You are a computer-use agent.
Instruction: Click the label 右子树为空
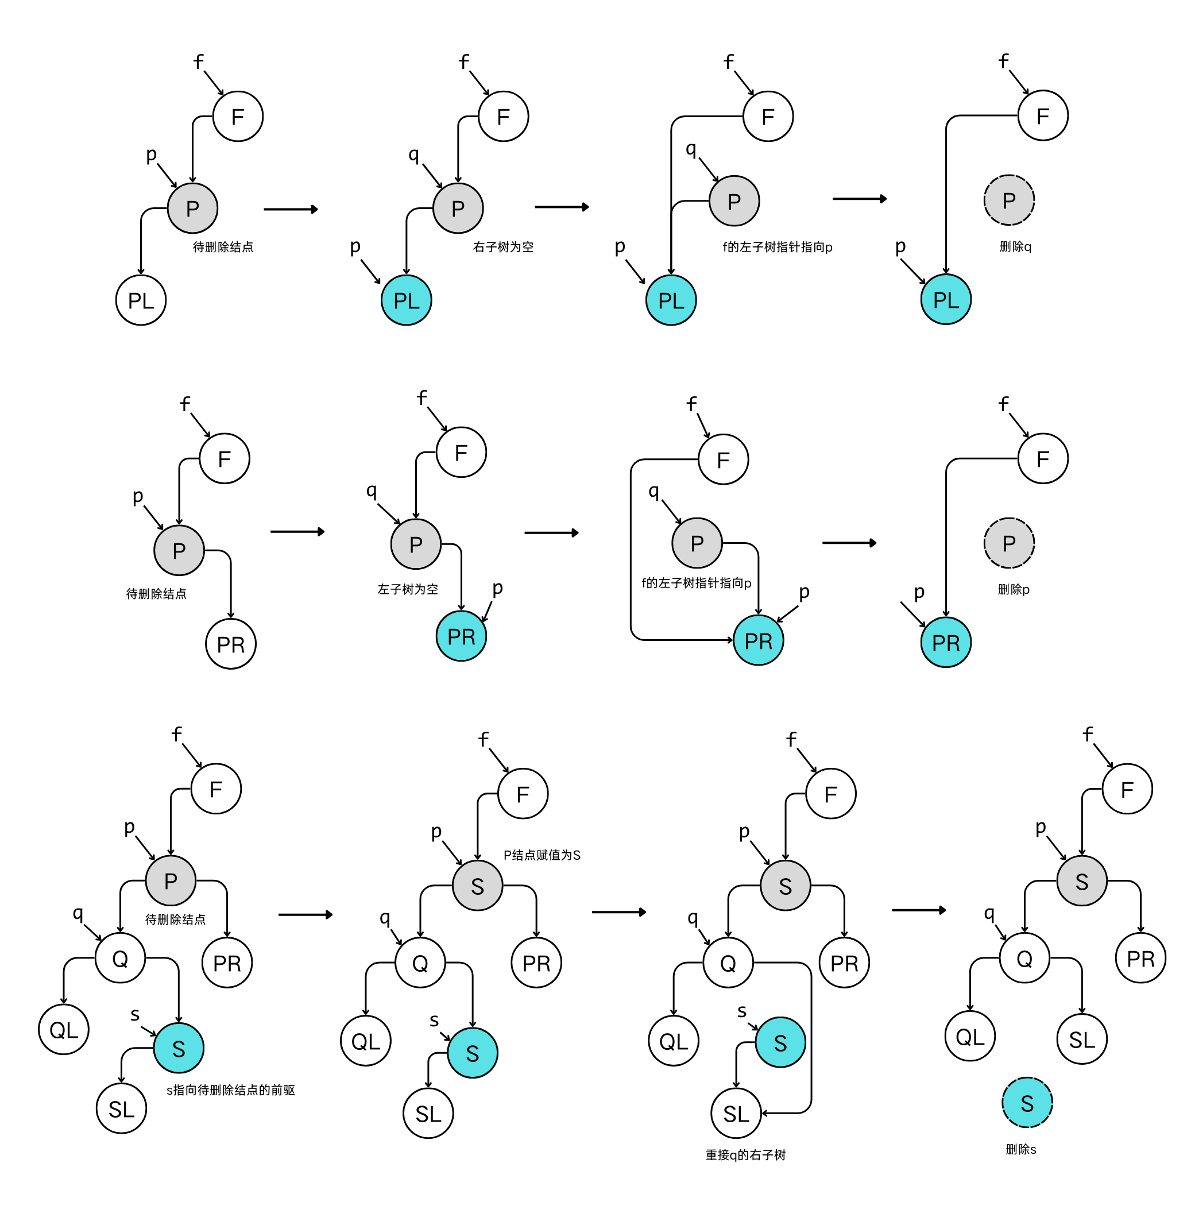click(503, 247)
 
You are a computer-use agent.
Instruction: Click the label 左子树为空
click(407, 589)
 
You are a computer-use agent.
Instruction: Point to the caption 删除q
click(1015, 247)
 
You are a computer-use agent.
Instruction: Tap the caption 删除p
click(1013, 589)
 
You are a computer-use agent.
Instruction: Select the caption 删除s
click(1020, 1149)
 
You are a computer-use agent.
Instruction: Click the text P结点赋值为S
click(542, 855)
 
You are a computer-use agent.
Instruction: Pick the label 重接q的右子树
click(745, 1155)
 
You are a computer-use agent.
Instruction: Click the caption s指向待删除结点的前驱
click(230, 1089)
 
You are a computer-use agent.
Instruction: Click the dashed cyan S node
click(1027, 1102)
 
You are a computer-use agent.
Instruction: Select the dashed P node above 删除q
click(1008, 200)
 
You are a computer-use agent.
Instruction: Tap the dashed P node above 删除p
click(1008, 543)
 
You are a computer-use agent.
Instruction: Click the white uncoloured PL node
click(141, 300)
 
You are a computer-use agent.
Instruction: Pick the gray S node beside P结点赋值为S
click(477, 886)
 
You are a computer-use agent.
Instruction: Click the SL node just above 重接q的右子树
click(736, 1114)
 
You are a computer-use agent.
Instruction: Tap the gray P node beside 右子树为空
click(458, 208)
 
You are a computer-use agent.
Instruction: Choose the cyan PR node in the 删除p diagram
click(945, 643)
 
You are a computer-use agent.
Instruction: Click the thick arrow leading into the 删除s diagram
click(918, 910)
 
